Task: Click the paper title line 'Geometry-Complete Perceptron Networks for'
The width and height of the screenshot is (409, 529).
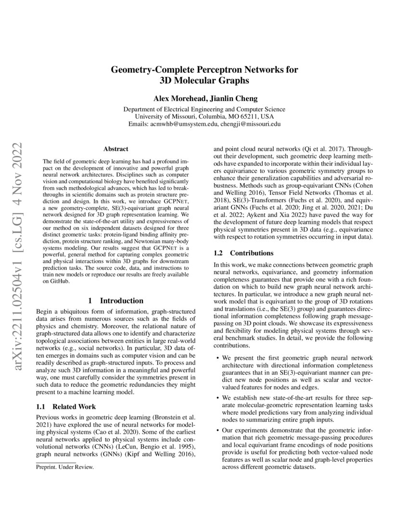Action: click(204, 70)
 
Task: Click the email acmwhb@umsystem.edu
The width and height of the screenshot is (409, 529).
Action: click(184, 124)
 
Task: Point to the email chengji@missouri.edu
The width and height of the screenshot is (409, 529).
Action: click(250, 124)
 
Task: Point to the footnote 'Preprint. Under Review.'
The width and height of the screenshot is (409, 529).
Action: click(65, 466)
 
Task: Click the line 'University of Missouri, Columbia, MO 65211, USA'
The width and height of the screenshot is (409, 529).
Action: click(204, 116)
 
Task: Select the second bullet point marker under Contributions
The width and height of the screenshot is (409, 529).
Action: click(218, 398)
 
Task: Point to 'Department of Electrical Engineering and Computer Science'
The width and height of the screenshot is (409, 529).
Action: click(204, 109)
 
